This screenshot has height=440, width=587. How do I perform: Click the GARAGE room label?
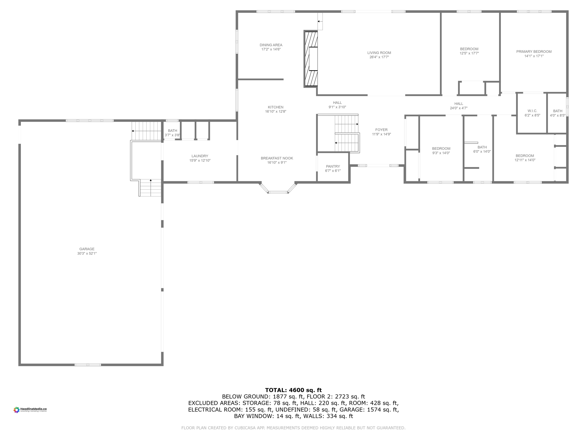pyautogui.click(x=87, y=249)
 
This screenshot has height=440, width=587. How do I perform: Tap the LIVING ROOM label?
pyautogui.click(x=379, y=53)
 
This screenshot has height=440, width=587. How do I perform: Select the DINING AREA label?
pyautogui.click(x=271, y=45)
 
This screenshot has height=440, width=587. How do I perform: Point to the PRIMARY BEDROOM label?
pyautogui.click(x=534, y=52)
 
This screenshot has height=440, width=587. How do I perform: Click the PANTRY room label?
pyautogui.click(x=333, y=166)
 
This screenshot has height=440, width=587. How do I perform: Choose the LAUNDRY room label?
pyautogui.click(x=200, y=156)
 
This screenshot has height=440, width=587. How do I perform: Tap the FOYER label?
pyautogui.click(x=381, y=130)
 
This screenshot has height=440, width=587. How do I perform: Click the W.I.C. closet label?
pyautogui.click(x=532, y=111)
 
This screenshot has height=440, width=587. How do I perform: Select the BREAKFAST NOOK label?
pyautogui.click(x=277, y=158)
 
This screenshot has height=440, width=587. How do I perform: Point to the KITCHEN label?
pyautogui.click(x=275, y=107)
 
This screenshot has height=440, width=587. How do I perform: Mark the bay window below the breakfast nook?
pyautogui.click(x=278, y=192)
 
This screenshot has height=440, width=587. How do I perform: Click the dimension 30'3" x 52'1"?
pyautogui.click(x=87, y=254)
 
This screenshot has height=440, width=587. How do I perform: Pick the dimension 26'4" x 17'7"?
pyautogui.click(x=379, y=57)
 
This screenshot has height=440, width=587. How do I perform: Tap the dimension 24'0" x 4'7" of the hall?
pyautogui.click(x=459, y=108)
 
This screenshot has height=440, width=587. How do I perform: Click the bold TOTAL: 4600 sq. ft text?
pyautogui.click(x=293, y=390)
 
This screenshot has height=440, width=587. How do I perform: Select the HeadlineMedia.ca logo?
pyautogui.click(x=30, y=410)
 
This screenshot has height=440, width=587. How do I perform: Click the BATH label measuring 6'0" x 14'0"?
pyautogui.click(x=482, y=147)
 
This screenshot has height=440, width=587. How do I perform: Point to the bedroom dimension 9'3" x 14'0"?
pyautogui.click(x=441, y=153)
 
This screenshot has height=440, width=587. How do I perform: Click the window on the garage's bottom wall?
pyautogui.click(x=88, y=365)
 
